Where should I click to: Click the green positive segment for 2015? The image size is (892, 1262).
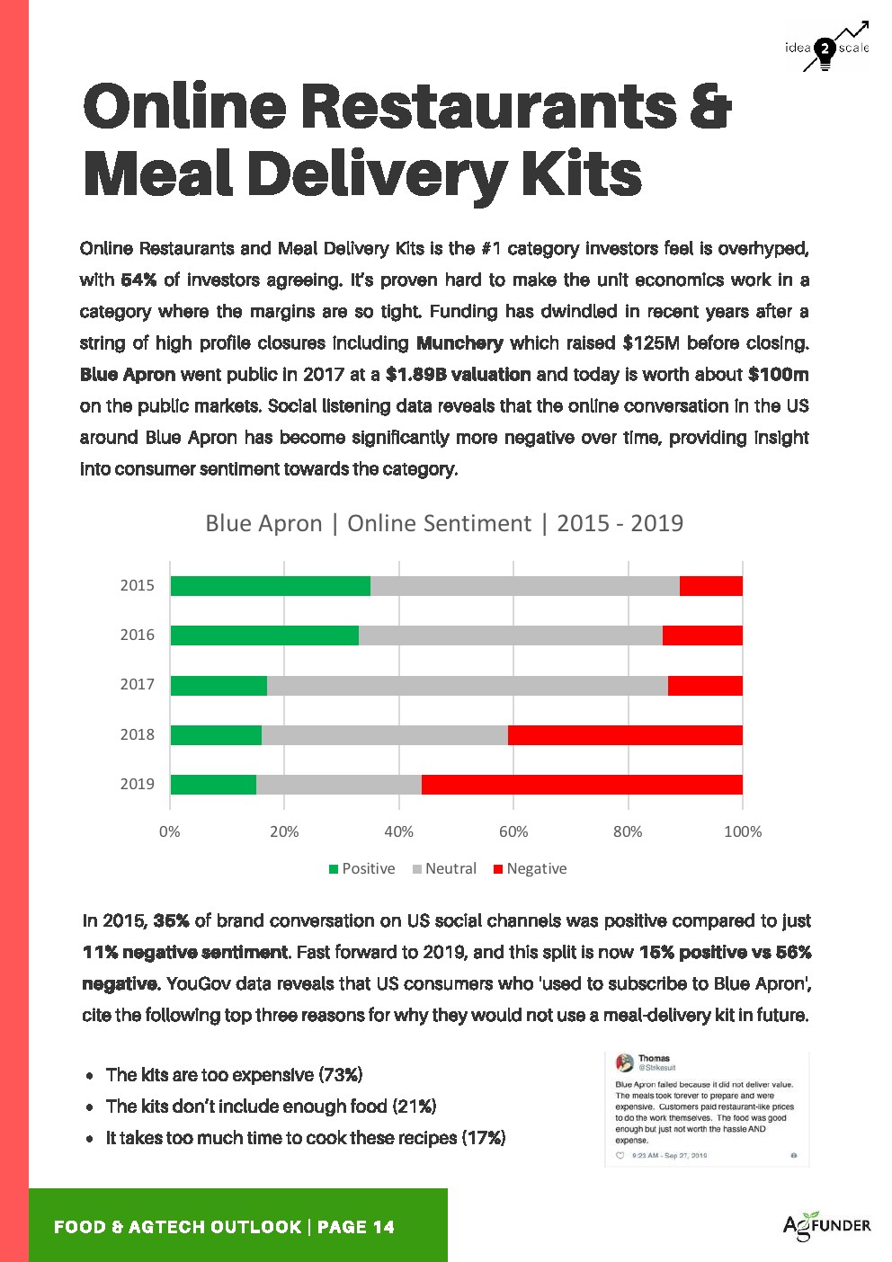pos(270,585)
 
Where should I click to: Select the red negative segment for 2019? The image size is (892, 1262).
pos(582,784)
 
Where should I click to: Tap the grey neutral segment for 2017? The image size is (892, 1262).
pos(468,685)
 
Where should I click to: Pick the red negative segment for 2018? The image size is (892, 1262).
pos(625,734)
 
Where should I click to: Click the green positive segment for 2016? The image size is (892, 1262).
pos(264,635)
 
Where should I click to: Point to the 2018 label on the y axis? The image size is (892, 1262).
pos(138,734)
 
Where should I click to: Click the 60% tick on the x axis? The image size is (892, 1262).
pos(513,832)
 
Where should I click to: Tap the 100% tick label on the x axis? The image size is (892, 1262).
pos(743,832)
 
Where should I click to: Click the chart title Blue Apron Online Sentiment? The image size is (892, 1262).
pos(444,523)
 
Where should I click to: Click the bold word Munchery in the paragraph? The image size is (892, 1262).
pos(459,343)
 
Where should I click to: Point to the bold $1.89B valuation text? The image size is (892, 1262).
pos(458,375)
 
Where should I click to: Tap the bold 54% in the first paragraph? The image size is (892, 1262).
pos(138,280)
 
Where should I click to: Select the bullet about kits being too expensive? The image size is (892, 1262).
pos(234,1075)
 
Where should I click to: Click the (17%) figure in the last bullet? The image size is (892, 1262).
pos(484,1138)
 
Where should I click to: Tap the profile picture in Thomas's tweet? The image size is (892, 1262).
pos(624,1063)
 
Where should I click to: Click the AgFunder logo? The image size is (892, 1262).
pos(826,1226)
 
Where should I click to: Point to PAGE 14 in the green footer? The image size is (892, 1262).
pos(356,1227)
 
